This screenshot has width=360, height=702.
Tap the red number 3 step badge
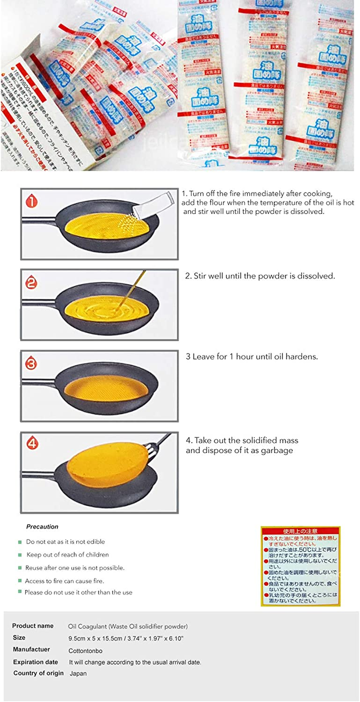click(x=31, y=364)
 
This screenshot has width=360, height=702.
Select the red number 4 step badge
click(x=31, y=444)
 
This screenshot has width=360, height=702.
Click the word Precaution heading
click(x=42, y=526)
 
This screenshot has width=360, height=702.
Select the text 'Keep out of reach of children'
click(x=67, y=555)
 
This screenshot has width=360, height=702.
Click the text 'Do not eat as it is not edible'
click(x=65, y=542)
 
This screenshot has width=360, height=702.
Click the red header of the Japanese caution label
click(x=301, y=531)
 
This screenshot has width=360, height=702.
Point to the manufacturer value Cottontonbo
click(x=85, y=650)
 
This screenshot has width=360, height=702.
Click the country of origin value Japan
click(x=78, y=674)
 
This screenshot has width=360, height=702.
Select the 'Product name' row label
click(x=33, y=626)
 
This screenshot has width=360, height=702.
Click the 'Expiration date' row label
click(x=36, y=662)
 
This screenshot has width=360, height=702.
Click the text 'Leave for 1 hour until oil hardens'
click(x=252, y=356)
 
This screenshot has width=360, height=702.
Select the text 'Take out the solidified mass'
click(x=242, y=441)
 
